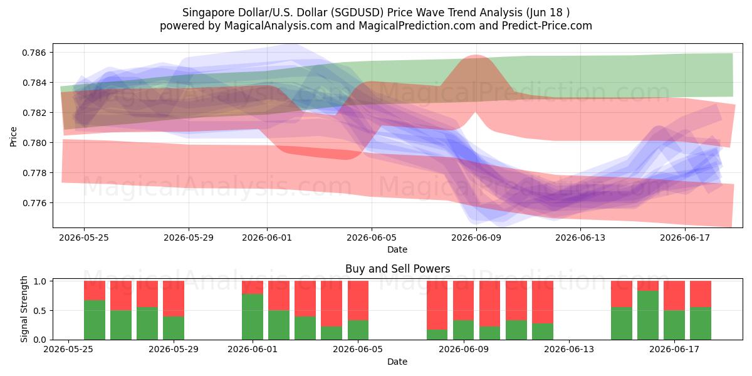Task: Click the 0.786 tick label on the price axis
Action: click(34, 53)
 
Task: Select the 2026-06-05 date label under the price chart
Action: click(371, 238)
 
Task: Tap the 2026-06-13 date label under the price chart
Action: click(580, 238)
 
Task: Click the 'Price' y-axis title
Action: click(13, 137)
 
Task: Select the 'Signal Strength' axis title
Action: click(24, 309)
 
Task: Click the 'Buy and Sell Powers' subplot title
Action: click(397, 269)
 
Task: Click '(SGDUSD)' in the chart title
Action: click(357, 13)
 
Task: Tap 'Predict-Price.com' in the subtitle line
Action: click(547, 26)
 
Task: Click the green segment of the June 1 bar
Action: click(253, 317)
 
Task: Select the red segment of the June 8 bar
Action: click(437, 305)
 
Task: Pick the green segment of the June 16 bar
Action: click(648, 315)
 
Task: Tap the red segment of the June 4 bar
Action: click(332, 304)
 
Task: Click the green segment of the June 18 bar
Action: click(701, 323)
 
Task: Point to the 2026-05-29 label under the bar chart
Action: click(174, 350)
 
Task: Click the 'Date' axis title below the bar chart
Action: click(397, 362)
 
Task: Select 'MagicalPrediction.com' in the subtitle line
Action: click(417, 26)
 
